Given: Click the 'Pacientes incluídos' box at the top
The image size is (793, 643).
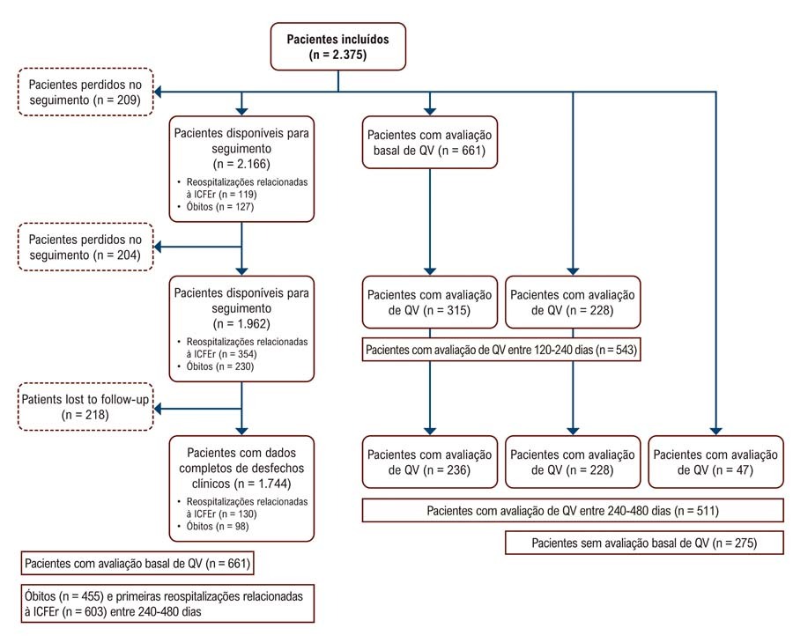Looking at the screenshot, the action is tap(337, 47).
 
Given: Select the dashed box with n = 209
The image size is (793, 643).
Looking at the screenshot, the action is tap(85, 92).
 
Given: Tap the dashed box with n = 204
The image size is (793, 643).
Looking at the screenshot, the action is tap(85, 247).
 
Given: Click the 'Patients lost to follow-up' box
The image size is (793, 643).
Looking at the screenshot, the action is tap(85, 406).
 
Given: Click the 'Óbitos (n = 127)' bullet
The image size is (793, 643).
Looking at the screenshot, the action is tap(219, 206).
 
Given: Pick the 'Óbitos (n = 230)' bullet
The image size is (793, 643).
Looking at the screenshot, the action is tap(219, 366).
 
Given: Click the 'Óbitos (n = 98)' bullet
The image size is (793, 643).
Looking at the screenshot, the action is tap(217, 526).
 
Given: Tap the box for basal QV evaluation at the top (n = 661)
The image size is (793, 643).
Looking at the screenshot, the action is tap(430, 143).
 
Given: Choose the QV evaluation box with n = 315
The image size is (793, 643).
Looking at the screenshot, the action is tap(430, 302).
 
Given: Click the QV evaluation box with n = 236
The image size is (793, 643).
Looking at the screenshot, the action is tap(430, 462).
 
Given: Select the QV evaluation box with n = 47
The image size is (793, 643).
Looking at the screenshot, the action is tap(715, 462).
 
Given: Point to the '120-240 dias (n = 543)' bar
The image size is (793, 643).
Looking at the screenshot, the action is tap(501, 350).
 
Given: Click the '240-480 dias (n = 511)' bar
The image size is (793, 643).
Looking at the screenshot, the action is tap(573, 511).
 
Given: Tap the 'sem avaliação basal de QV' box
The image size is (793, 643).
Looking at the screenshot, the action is tap(644, 543).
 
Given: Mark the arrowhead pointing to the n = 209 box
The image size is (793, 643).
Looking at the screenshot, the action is tap(158, 92).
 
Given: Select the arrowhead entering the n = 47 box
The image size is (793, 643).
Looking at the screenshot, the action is tap(715, 432).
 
